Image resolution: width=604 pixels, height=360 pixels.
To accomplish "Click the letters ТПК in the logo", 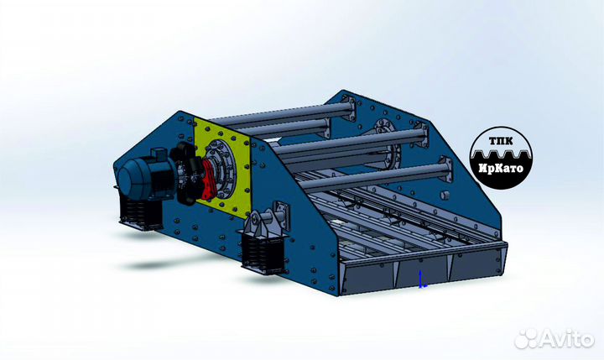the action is click(x=500, y=141).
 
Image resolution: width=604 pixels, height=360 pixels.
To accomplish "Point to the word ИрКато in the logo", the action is click(x=501, y=169).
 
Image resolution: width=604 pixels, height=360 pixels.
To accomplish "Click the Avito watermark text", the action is click(x=566, y=340).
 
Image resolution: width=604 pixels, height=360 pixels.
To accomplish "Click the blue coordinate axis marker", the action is click(x=422, y=279).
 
